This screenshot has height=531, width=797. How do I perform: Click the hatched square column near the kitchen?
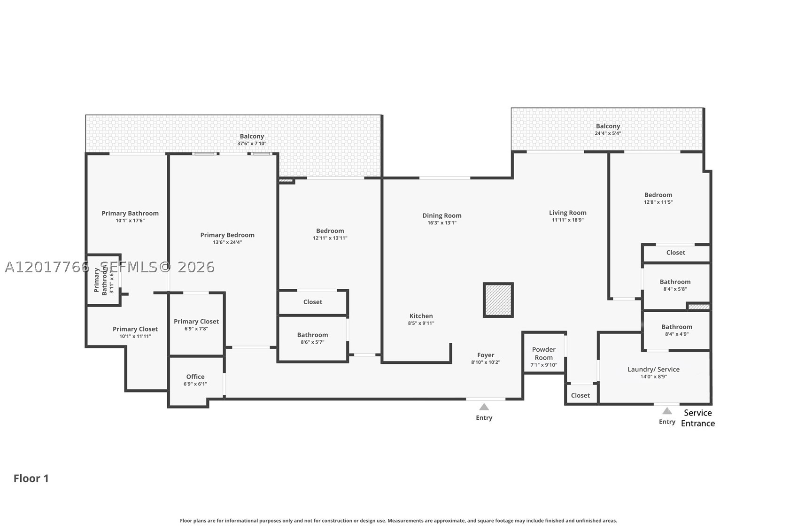[498, 300]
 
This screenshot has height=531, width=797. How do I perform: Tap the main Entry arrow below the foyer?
[484, 407]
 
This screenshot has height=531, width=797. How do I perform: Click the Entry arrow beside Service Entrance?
[667, 411]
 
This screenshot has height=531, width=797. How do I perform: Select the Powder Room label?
[544, 354]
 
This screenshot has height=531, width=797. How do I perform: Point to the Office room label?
[195, 376]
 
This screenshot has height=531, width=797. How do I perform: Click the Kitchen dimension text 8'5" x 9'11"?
[421, 323]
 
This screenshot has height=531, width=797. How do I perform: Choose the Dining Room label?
[442, 215]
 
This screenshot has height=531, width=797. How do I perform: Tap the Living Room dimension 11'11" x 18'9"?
[567, 220]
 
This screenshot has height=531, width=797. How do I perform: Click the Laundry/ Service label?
[654, 369]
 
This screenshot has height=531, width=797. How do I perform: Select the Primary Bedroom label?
[227, 235]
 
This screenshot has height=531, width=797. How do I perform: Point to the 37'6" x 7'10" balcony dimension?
[252, 143]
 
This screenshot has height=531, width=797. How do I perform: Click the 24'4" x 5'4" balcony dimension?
[608, 133]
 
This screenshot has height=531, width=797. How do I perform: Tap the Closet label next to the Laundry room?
[580, 395]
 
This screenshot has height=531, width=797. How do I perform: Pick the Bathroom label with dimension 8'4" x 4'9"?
[677, 326]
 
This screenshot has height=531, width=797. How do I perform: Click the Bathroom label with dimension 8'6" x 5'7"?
[312, 335]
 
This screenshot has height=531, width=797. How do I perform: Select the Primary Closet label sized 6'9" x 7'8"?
[196, 321]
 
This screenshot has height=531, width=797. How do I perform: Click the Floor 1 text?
[31, 478]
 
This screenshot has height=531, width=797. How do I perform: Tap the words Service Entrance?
[698, 418]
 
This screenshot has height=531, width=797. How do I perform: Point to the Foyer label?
[486, 355]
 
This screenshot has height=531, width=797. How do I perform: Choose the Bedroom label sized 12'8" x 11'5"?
[658, 194]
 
